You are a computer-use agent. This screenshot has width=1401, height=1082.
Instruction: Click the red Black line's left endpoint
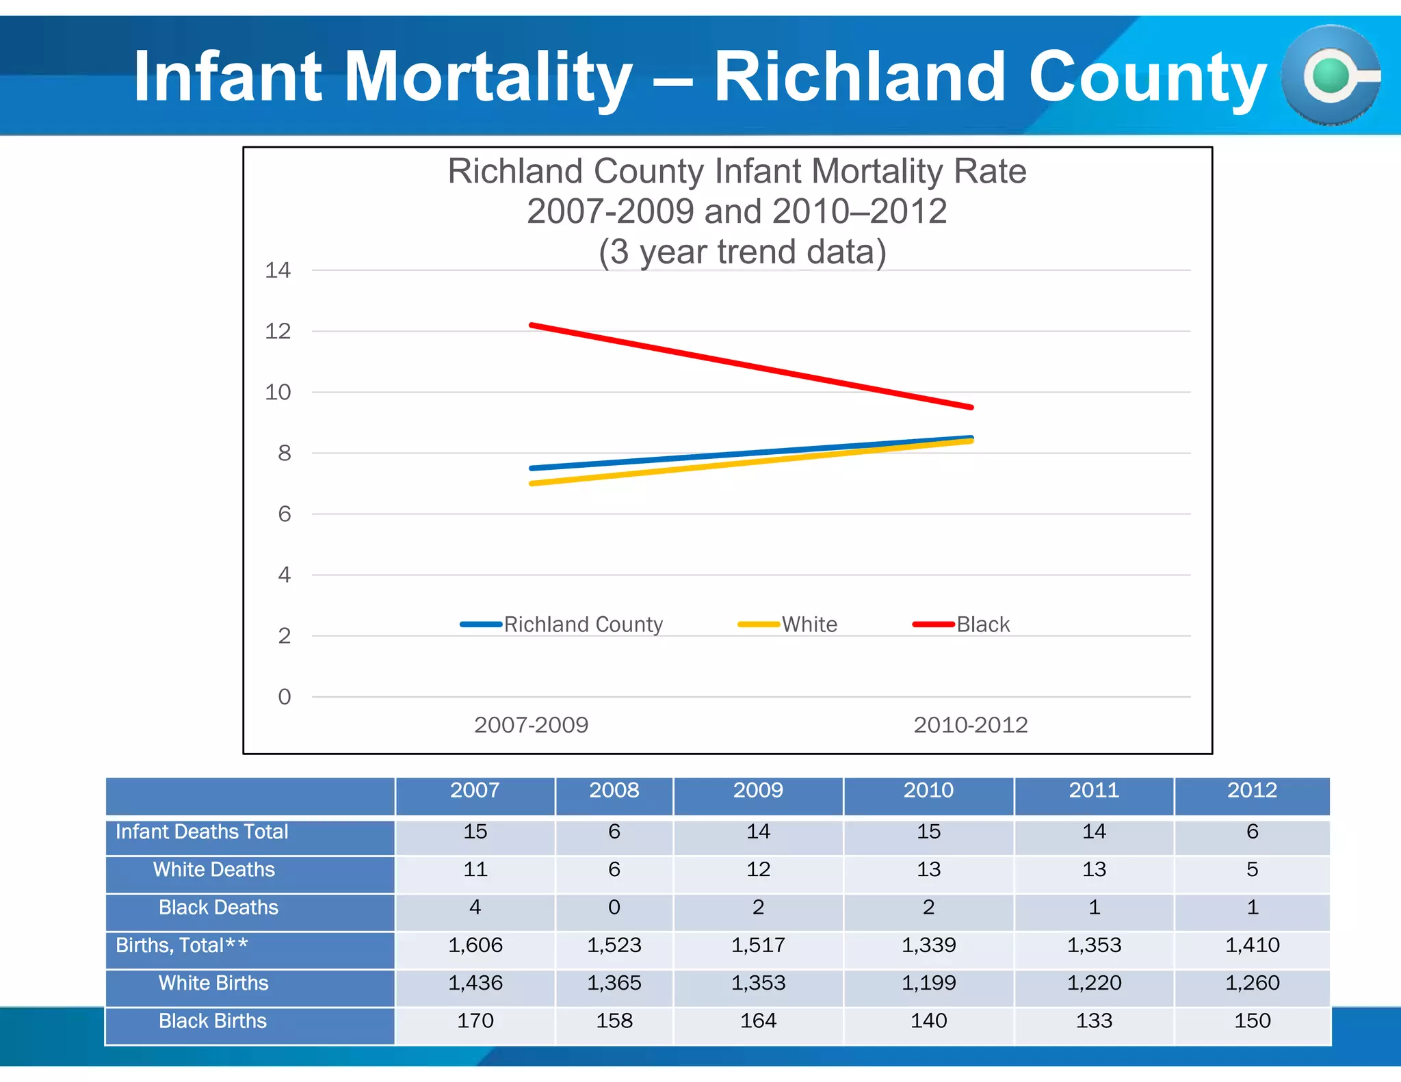532,325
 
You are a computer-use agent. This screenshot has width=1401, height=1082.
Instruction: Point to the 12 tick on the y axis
278,332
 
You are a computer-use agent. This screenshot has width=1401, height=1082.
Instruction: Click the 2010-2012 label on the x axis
971,725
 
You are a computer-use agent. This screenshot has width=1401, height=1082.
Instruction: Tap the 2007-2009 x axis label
532,725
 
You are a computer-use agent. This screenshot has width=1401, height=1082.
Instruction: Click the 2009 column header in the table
758,791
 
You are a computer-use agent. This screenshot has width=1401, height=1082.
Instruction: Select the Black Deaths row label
218,908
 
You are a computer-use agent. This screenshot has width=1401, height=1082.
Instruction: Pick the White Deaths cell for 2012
1252,869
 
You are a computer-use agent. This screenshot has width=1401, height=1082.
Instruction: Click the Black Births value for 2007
475,1021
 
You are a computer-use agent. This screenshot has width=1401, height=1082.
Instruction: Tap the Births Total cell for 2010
928,945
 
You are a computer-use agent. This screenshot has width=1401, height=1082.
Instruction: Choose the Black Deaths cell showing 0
614,908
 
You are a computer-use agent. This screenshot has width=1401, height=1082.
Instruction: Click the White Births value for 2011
1094,983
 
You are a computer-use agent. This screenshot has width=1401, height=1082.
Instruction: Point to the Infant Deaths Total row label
202,832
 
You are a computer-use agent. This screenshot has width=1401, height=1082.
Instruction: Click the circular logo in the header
1331,75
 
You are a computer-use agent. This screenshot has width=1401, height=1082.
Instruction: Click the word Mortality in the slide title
488,77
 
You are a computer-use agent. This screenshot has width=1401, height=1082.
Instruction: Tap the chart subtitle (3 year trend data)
742,252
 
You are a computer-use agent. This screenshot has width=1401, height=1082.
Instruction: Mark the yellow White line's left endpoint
532,484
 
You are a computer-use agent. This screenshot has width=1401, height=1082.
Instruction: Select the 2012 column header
1252,791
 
